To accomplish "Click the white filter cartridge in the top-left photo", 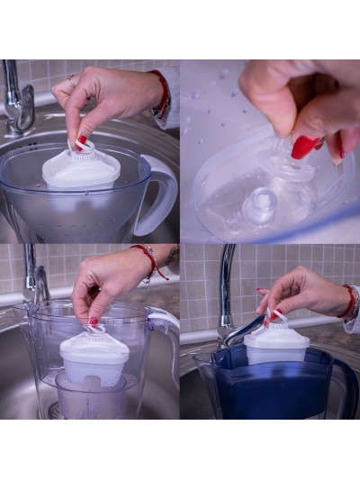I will click(80, 170).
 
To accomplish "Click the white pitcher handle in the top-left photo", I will click(160, 194).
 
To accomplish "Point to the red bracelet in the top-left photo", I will click(162, 95).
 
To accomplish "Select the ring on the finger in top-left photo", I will click(72, 82).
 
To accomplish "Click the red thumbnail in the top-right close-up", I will click(306, 147).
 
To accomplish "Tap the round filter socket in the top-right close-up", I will click(261, 205).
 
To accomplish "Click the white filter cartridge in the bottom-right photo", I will click(276, 346).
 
